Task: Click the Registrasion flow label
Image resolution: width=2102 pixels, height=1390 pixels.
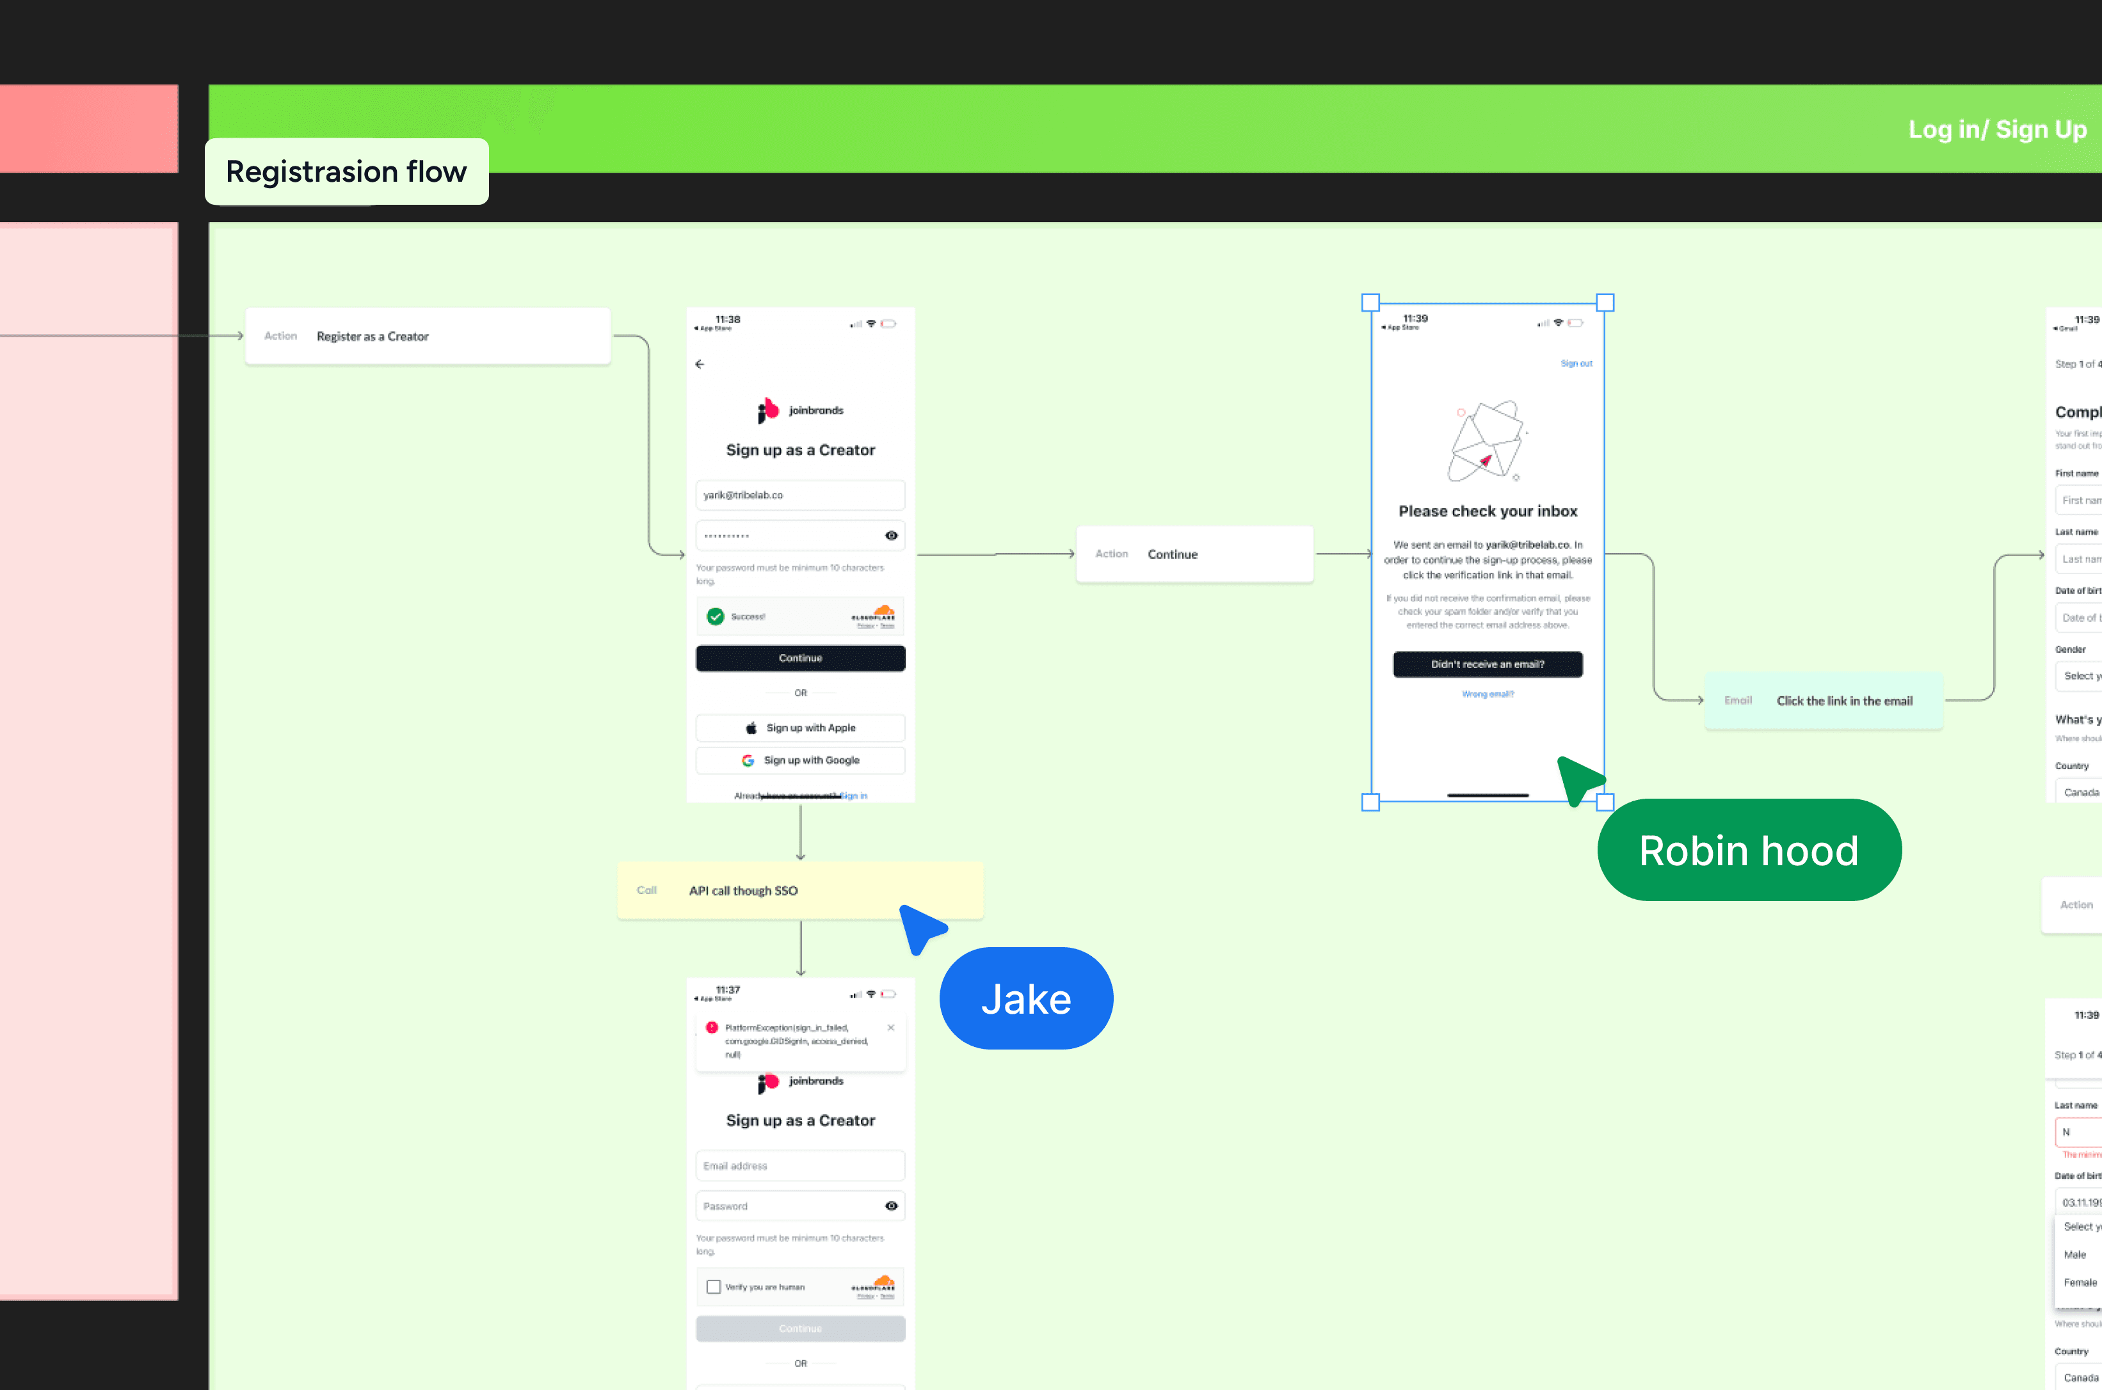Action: (x=346, y=171)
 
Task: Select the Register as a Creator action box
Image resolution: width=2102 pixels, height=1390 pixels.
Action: (x=428, y=336)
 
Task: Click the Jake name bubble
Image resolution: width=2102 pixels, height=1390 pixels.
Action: (x=1026, y=999)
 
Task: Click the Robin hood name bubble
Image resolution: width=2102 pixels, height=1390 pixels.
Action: (x=1748, y=850)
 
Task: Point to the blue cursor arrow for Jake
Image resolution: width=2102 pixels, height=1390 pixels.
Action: (x=920, y=927)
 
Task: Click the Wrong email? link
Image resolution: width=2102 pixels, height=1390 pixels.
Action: (x=1488, y=694)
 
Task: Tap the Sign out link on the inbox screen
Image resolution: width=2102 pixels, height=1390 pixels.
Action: (x=1576, y=363)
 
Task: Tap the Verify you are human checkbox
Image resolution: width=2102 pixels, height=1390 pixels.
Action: (x=714, y=1286)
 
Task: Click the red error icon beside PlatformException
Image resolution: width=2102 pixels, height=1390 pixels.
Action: (x=712, y=1027)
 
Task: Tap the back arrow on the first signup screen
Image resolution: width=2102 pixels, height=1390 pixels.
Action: (x=700, y=364)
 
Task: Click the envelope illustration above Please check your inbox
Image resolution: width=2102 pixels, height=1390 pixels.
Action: (x=1487, y=440)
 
